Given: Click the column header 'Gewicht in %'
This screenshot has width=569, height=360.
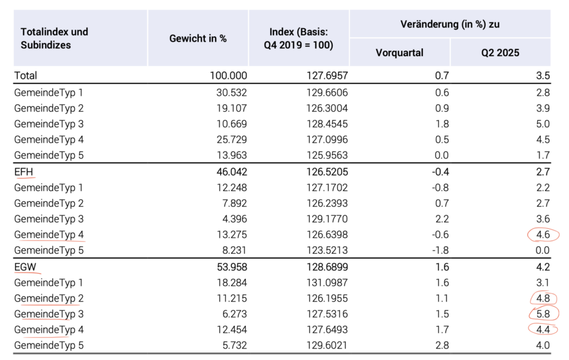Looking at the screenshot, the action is click(x=198, y=38).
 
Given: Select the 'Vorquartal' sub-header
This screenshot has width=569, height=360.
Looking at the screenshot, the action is click(x=400, y=53).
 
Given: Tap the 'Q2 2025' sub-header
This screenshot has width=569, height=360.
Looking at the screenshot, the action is click(x=500, y=53).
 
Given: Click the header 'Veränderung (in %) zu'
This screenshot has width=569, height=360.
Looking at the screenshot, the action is click(x=450, y=24).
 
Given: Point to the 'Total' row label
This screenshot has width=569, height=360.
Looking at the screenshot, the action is click(x=26, y=76).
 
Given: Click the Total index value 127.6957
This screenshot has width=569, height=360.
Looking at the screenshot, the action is click(x=327, y=76).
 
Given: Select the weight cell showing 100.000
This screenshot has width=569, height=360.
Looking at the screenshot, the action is click(x=228, y=76).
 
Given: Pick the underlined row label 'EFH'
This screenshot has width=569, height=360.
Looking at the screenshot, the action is click(x=23, y=172).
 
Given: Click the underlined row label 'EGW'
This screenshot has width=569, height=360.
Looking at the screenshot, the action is click(x=25, y=267).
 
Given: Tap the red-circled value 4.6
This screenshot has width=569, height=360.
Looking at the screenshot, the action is click(x=543, y=234).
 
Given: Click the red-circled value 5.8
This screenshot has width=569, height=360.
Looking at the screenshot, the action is click(x=543, y=314).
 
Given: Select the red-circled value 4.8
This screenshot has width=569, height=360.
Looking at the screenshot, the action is click(x=543, y=298).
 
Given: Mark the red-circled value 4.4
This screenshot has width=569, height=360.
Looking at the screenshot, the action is click(x=543, y=329).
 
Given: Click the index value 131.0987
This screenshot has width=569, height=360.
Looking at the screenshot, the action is click(x=327, y=283).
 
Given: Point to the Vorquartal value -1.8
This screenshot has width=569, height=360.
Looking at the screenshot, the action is click(x=440, y=250).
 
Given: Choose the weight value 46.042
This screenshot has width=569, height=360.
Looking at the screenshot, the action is click(x=232, y=172).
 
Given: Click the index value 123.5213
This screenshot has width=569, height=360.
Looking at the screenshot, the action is click(x=327, y=250).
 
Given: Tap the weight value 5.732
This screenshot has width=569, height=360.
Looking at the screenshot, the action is click(x=235, y=345).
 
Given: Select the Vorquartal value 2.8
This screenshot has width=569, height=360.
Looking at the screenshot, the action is click(x=442, y=345).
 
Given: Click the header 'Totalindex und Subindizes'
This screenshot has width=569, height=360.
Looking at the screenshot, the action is click(x=54, y=38).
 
